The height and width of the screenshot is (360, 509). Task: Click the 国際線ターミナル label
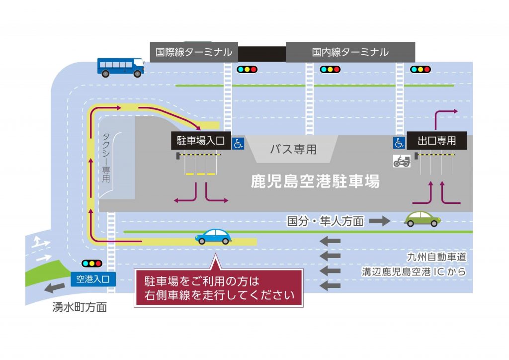click(x=194, y=52)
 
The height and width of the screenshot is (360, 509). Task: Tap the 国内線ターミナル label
click(x=350, y=52)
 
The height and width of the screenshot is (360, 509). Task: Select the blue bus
click(x=121, y=68)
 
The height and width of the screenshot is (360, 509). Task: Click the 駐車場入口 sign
click(x=201, y=141)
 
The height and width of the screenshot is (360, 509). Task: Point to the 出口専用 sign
click(x=436, y=141)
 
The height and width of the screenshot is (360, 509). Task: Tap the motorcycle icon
click(x=402, y=161)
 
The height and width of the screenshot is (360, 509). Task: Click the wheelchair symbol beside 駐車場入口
click(x=238, y=143)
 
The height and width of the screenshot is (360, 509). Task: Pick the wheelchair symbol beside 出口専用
click(x=399, y=143)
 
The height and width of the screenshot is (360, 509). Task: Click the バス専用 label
click(x=293, y=149)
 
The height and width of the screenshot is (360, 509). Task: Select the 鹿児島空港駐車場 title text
click(x=315, y=181)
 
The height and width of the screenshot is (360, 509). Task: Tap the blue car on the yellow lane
click(x=213, y=236)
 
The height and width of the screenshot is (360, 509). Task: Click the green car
click(x=422, y=219)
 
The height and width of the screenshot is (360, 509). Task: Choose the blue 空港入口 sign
click(x=93, y=279)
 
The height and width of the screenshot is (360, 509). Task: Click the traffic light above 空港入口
click(x=92, y=263)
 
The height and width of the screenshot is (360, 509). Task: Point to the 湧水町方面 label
click(x=80, y=307)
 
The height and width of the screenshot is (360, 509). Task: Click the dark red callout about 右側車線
click(x=219, y=287)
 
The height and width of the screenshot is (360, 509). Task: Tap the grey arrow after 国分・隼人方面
click(x=379, y=221)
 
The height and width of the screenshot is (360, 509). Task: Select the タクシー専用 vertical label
click(x=106, y=158)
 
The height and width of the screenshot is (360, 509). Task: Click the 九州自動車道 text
click(x=436, y=257)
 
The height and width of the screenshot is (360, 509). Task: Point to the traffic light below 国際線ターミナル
click(x=247, y=69)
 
